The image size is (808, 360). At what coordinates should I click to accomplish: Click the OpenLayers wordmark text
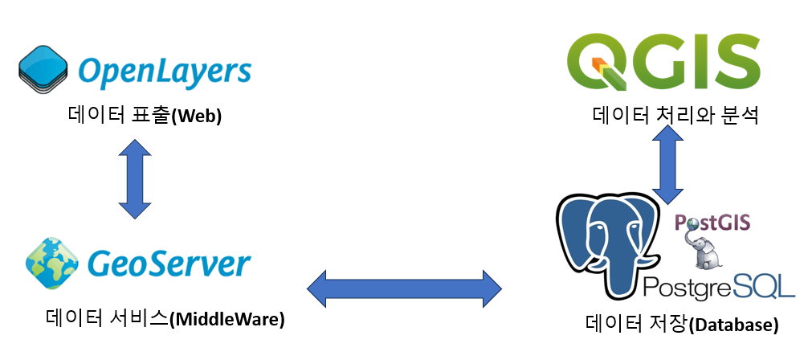pyautogui.click(x=165, y=72)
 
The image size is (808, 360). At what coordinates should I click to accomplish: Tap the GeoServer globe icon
pyautogui.click(x=51, y=263)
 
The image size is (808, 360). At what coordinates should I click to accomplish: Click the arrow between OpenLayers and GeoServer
pyautogui.click(x=134, y=179)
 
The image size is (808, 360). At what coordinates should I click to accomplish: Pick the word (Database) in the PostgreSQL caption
pyautogui.click(x=734, y=325)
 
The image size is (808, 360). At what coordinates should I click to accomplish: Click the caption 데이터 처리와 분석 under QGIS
pyautogui.click(x=675, y=116)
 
